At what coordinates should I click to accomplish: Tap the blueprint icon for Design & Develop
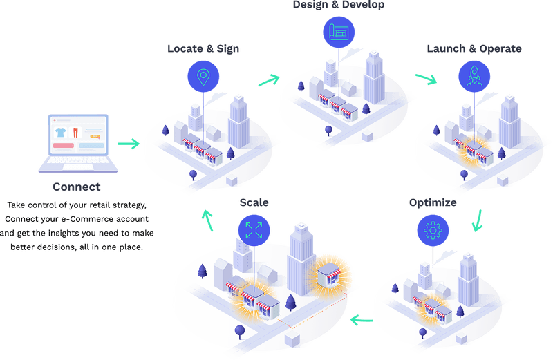[x=338, y=31]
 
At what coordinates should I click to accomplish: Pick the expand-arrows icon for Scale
[x=253, y=229]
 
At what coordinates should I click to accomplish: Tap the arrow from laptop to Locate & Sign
[x=127, y=144]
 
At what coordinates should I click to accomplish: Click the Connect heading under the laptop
[x=76, y=187]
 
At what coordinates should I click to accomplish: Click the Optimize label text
[x=432, y=202]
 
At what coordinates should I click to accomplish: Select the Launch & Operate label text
[x=474, y=49]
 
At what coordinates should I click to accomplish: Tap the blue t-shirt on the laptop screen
[x=61, y=131]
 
